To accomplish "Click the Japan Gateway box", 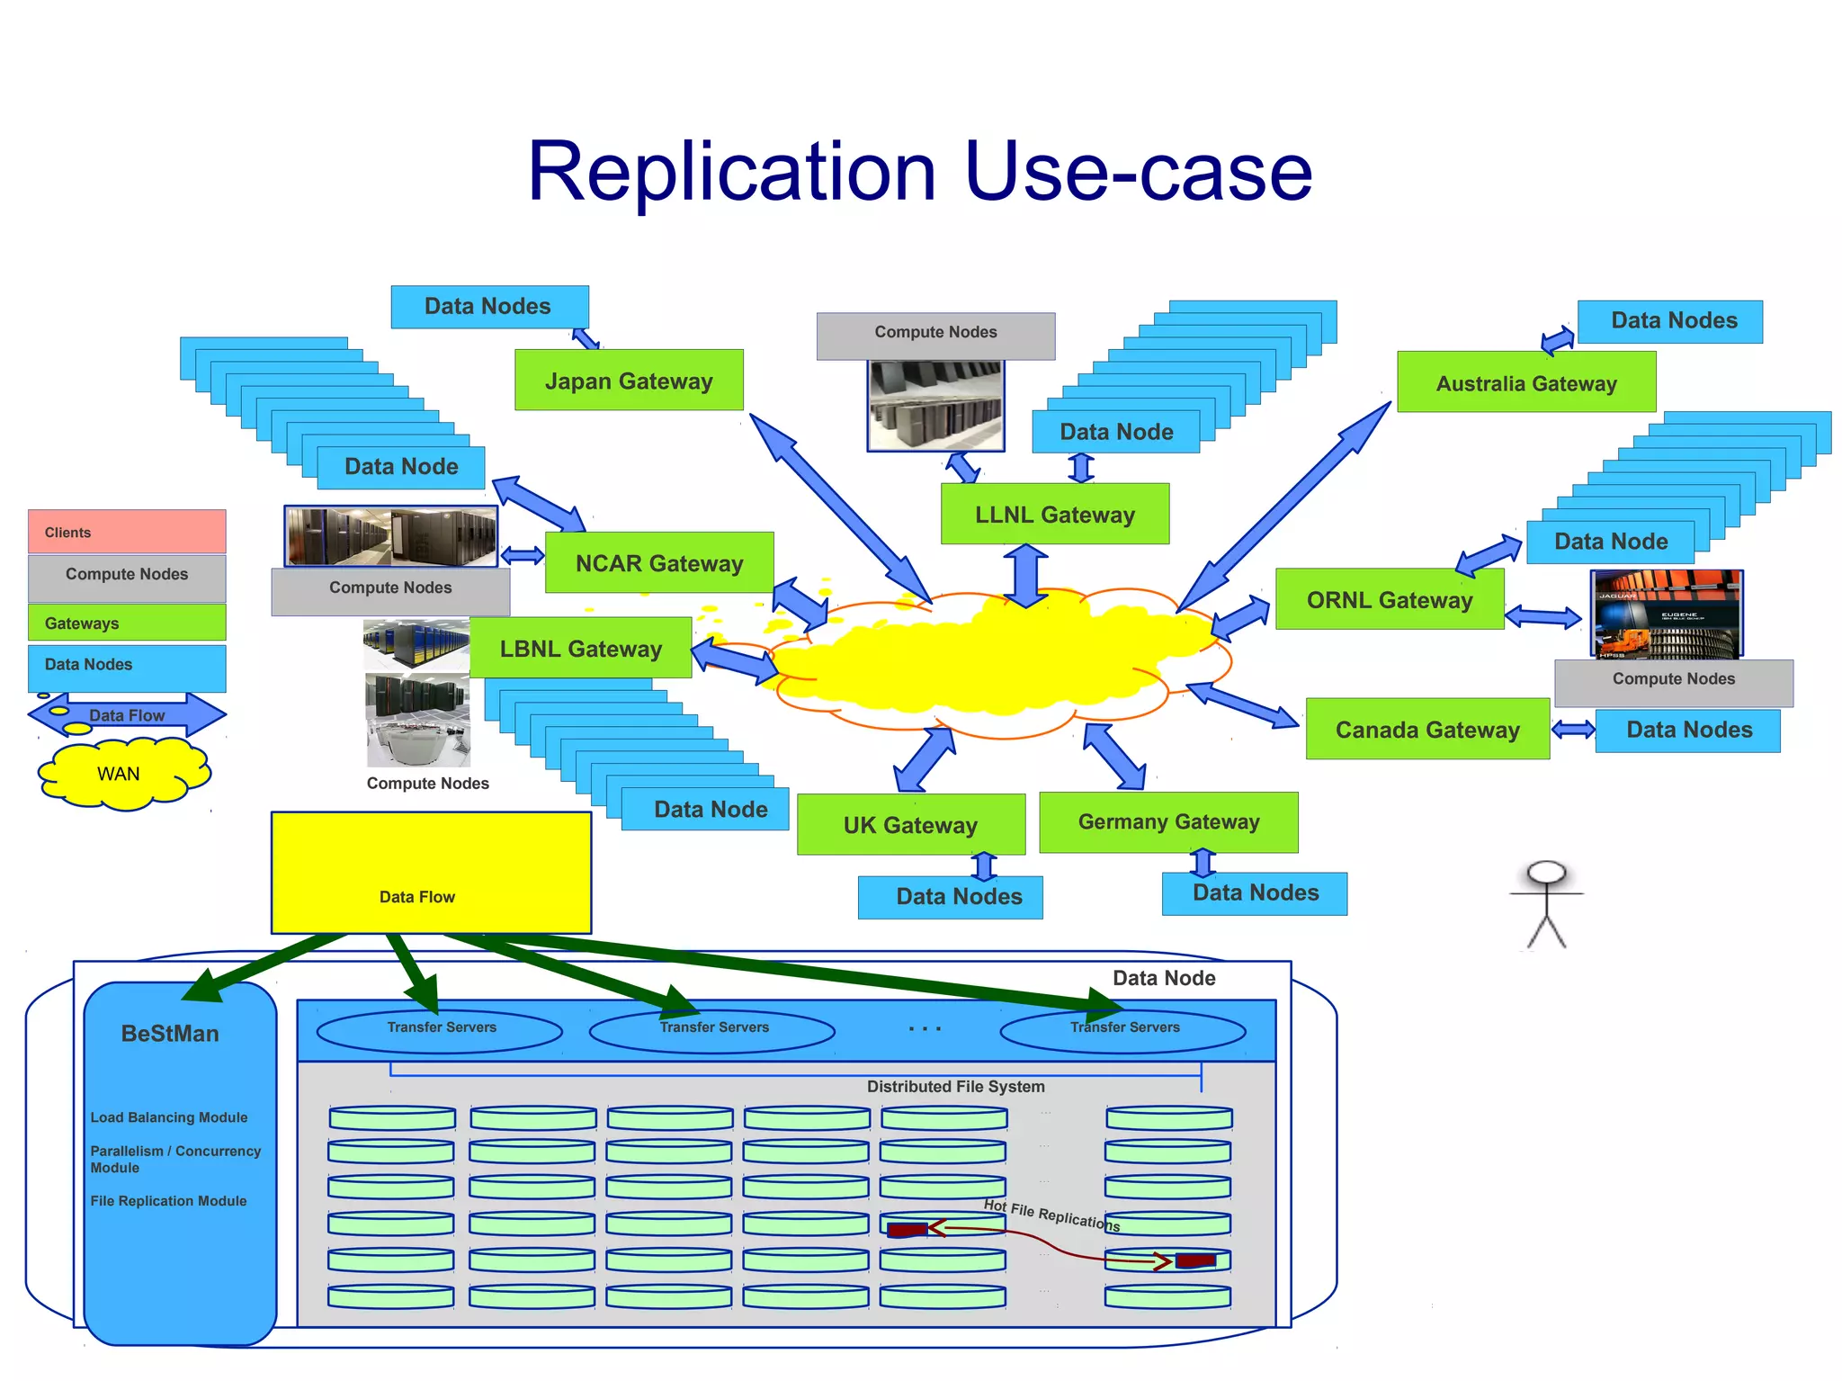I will click(x=629, y=381).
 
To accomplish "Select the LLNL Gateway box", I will click(x=1054, y=515).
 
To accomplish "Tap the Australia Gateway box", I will click(x=1525, y=383).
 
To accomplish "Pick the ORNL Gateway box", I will click(x=1389, y=599).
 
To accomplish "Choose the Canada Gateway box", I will click(x=1426, y=730).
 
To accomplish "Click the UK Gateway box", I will click(x=910, y=825).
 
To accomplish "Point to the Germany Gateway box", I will click(x=1167, y=822).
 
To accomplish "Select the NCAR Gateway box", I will click(x=658, y=563).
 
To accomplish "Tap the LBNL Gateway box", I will click(x=580, y=649).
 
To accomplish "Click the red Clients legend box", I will click(x=127, y=532).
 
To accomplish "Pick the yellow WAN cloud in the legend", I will click(x=121, y=774).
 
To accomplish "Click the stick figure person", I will click(x=1546, y=904).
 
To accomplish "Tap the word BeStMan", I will click(x=170, y=1034).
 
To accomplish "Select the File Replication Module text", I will click(x=168, y=1201).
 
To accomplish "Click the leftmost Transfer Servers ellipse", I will click(x=440, y=1030).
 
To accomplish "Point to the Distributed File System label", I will click(x=955, y=1087).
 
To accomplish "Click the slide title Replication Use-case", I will click(x=919, y=171).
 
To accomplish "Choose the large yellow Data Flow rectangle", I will click(x=431, y=873).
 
